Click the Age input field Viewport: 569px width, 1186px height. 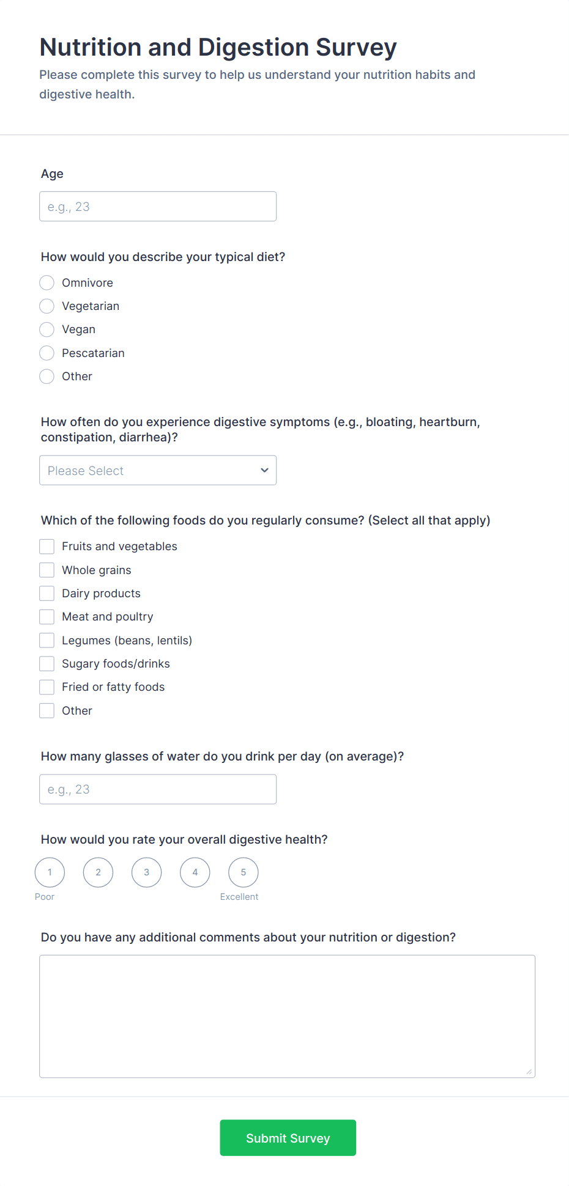[x=158, y=207]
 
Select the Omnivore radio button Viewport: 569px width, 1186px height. [x=47, y=282]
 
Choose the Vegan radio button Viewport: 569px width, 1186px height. [x=47, y=330]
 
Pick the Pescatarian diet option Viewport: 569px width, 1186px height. [x=47, y=353]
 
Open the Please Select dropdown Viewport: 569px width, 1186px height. [x=158, y=470]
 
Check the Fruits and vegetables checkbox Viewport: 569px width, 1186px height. [x=47, y=546]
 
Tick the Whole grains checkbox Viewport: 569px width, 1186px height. [x=47, y=570]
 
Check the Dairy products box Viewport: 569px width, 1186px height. [x=47, y=593]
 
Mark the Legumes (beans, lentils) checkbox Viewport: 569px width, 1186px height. [x=47, y=640]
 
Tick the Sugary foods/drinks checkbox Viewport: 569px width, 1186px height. [x=47, y=663]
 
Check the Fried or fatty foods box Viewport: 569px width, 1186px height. [x=47, y=687]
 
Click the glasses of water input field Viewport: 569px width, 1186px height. [x=158, y=789]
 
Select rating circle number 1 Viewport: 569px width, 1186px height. [x=50, y=872]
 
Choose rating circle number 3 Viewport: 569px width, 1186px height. [x=147, y=872]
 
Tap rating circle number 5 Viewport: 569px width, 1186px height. [x=244, y=872]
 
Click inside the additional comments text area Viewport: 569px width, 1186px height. [x=287, y=1016]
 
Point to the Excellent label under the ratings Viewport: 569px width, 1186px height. [x=239, y=897]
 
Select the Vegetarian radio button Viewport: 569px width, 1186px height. [x=47, y=306]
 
